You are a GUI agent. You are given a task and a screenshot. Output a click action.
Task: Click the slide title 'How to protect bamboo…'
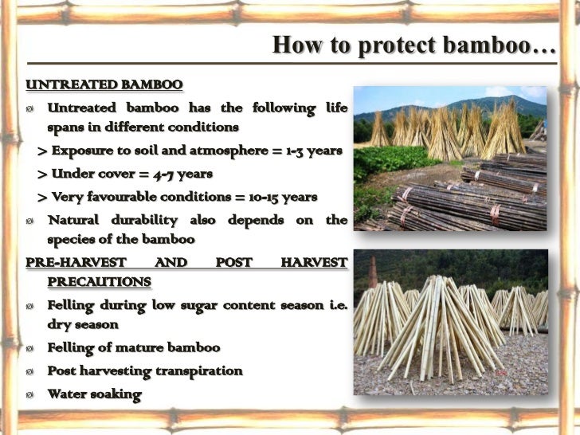pyautogui.click(x=414, y=45)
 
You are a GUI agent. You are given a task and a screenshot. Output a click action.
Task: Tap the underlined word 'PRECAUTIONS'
pyautogui.click(x=98, y=281)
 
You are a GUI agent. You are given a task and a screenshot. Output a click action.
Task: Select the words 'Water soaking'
pyautogui.click(x=94, y=394)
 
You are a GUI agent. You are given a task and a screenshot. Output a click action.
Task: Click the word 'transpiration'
pyautogui.click(x=200, y=370)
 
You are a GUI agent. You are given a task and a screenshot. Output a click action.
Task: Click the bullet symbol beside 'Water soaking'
pyautogui.click(x=30, y=394)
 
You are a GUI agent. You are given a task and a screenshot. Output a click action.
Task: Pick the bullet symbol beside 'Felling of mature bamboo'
pyautogui.click(x=30, y=348)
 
